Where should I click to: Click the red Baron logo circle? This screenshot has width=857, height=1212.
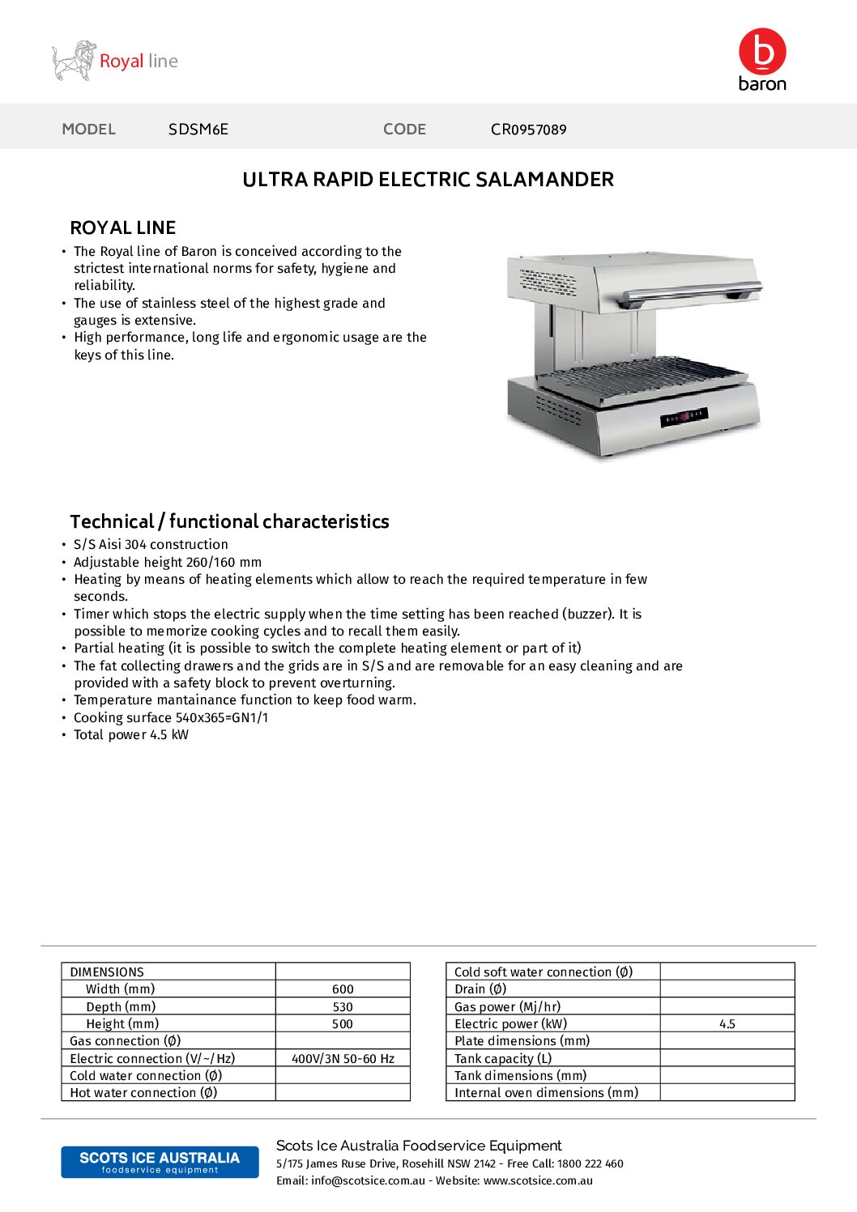pyautogui.click(x=762, y=51)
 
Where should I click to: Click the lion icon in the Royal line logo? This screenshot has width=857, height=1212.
pyautogui.click(x=74, y=61)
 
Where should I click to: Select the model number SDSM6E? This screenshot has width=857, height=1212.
pyautogui.click(x=198, y=130)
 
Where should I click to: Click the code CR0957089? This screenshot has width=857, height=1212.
pyautogui.click(x=528, y=130)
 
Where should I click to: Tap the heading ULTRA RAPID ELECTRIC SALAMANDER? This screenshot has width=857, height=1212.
pyautogui.click(x=428, y=180)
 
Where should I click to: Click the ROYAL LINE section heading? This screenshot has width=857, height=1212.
pyautogui.click(x=122, y=228)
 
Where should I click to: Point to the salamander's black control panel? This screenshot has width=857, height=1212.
pyautogui.click(x=684, y=417)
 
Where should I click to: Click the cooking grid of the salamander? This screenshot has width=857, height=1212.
pyautogui.click(x=640, y=376)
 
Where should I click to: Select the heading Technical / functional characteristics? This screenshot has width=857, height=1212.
pyautogui.click(x=229, y=521)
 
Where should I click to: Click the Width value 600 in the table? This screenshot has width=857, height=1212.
pyautogui.click(x=343, y=989)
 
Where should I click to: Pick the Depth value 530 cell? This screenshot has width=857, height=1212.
pyautogui.click(x=343, y=1007)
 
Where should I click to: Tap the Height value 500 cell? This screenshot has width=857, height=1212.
pyautogui.click(x=343, y=1024)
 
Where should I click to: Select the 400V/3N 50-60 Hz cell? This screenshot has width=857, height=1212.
pyautogui.click(x=343, y=1059)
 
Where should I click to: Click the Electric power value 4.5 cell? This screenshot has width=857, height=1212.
pyautogui.click(x=727, y=1024)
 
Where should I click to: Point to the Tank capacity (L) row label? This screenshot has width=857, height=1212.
pyautogui.click(x=503, y=1059)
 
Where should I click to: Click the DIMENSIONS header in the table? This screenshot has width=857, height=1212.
pyautogui.click(x=107, y=972)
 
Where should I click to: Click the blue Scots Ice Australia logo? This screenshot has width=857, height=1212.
pyautogui.click(x=160, y=1162)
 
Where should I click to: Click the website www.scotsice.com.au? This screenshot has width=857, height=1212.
pyautogui.click(x=538, y=1181)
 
